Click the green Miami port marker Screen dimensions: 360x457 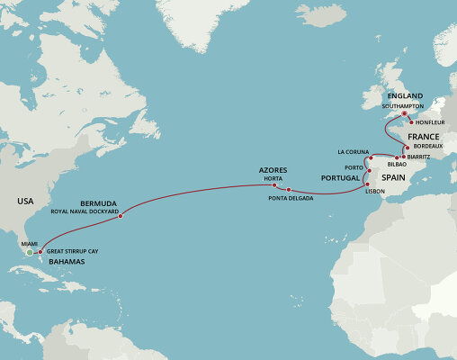tap(30, 253)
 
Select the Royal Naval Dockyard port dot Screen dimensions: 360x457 tap(121, 215)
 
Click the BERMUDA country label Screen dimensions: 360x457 tap(98, 203)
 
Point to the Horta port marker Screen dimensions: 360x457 tap(274, 185)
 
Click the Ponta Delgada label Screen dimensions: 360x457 tap(289, 199)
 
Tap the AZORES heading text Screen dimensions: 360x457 tap(273, 169)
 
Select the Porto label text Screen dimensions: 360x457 tap(353, 167)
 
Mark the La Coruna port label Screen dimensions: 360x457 tap(353, 151)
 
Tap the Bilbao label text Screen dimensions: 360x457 tap(397, 166)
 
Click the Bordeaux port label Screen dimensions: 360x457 tap(426, 146)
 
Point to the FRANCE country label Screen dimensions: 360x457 tap(398, 136)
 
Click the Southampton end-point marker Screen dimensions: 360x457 tap(404, 113)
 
